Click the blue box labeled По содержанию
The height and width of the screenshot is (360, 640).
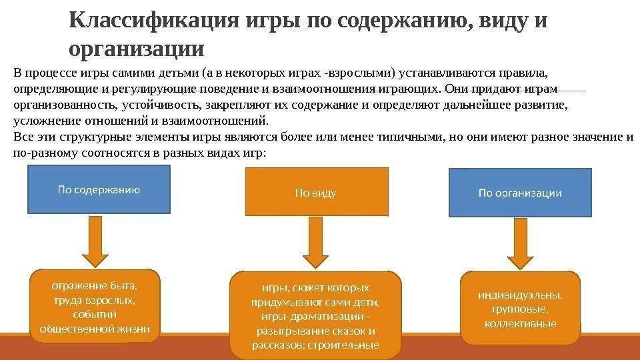click(99, 189)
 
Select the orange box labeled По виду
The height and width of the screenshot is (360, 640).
click(316, 192)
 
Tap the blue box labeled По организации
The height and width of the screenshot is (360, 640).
click(520, 193)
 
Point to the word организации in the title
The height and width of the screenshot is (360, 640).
click(137, 49)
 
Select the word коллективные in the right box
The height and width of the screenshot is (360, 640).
click(520, 323)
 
